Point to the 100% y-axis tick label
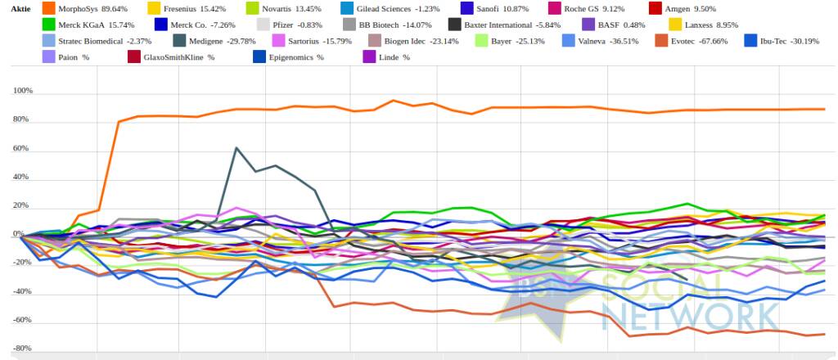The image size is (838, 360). tap(22, 91)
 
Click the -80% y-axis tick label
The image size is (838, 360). tap(22, 349)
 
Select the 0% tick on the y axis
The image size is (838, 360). tap(27, 234)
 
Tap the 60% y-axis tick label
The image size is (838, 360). tap(24, 148)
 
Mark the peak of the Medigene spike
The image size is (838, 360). tap(236, 147)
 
